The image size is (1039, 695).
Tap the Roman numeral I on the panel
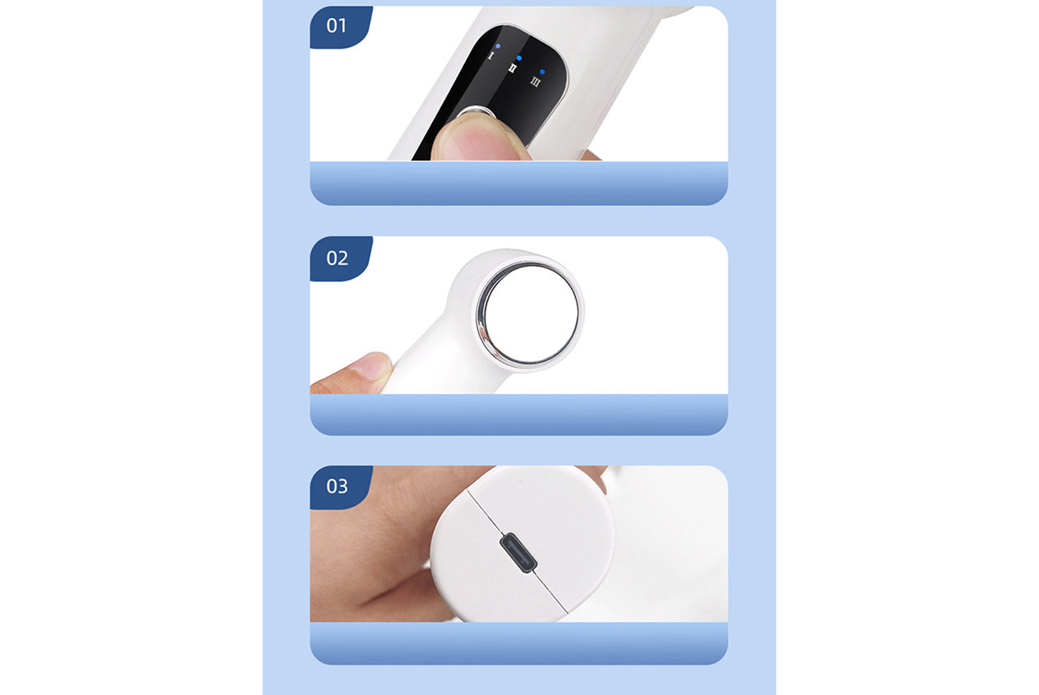(x=491, y=56)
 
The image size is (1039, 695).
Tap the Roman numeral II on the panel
(x=512, y=69)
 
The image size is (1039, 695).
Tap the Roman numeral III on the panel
(x=535, y=82)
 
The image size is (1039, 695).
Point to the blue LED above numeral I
(x=498, y=46)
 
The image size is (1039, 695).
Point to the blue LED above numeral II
(x=519, y=58)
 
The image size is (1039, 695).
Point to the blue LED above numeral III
(x=542, y=72)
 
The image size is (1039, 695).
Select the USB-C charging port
(x=518, y=552)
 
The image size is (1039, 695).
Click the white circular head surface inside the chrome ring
(x=531, y=314)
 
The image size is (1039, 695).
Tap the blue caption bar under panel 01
(x=519, y=183)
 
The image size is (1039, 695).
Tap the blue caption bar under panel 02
(x=519, y=415)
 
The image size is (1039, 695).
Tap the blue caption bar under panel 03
(x=519, y=643)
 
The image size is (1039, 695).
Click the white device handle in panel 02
(x=432, y=357)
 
